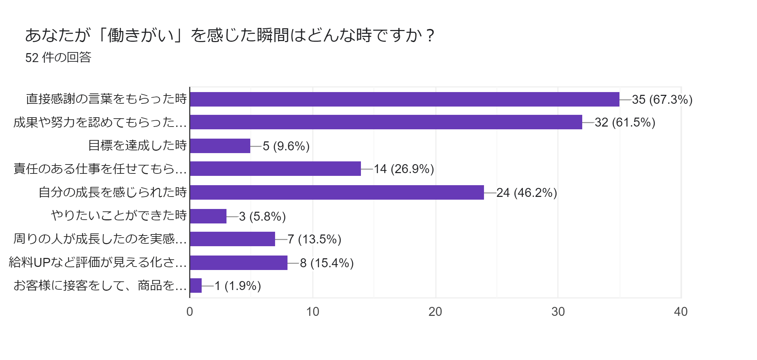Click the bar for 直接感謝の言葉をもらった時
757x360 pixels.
pyautogui.click(x=404, y=99)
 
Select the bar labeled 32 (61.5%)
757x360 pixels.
pyautogui.click(x=386, y=122)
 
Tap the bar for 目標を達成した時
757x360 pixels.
pyautogui.click(x=220, y=146)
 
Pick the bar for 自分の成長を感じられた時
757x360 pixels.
pyautogui.click(x=337, y=192)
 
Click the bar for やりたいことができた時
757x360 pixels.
pyautogui.click(x=208, y=216)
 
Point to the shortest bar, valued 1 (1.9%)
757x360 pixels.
pyautogui.click(x=196, y=286)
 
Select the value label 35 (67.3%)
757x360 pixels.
pyautogui.click(x=662, y=100)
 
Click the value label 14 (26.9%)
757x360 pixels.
pyautogui.click(x=404, y=169)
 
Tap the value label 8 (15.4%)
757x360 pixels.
pyautogui.click(x=327, y=263)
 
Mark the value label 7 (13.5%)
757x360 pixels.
pyautogui.click(x=314, y=239)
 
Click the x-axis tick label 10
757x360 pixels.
pyautogui.click(x=313, y=312)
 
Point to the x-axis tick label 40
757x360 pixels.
pyautogui.click(x=680, y=312)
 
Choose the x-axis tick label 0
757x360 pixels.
pyautogui.click(x=190, y=312)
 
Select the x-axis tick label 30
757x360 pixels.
pyautogui.click(x=558, y=312)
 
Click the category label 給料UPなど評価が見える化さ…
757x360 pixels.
pyautogui.click(x=98, y=262)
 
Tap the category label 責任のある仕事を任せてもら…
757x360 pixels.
pyautogui.click(x=100, y=169)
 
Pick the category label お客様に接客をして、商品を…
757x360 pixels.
pyautogui.click(x=100, y=286)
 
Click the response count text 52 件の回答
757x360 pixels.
pyautogui.click(x=58, y=57)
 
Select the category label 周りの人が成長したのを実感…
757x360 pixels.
pyautogui.click(x=100, y=239)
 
